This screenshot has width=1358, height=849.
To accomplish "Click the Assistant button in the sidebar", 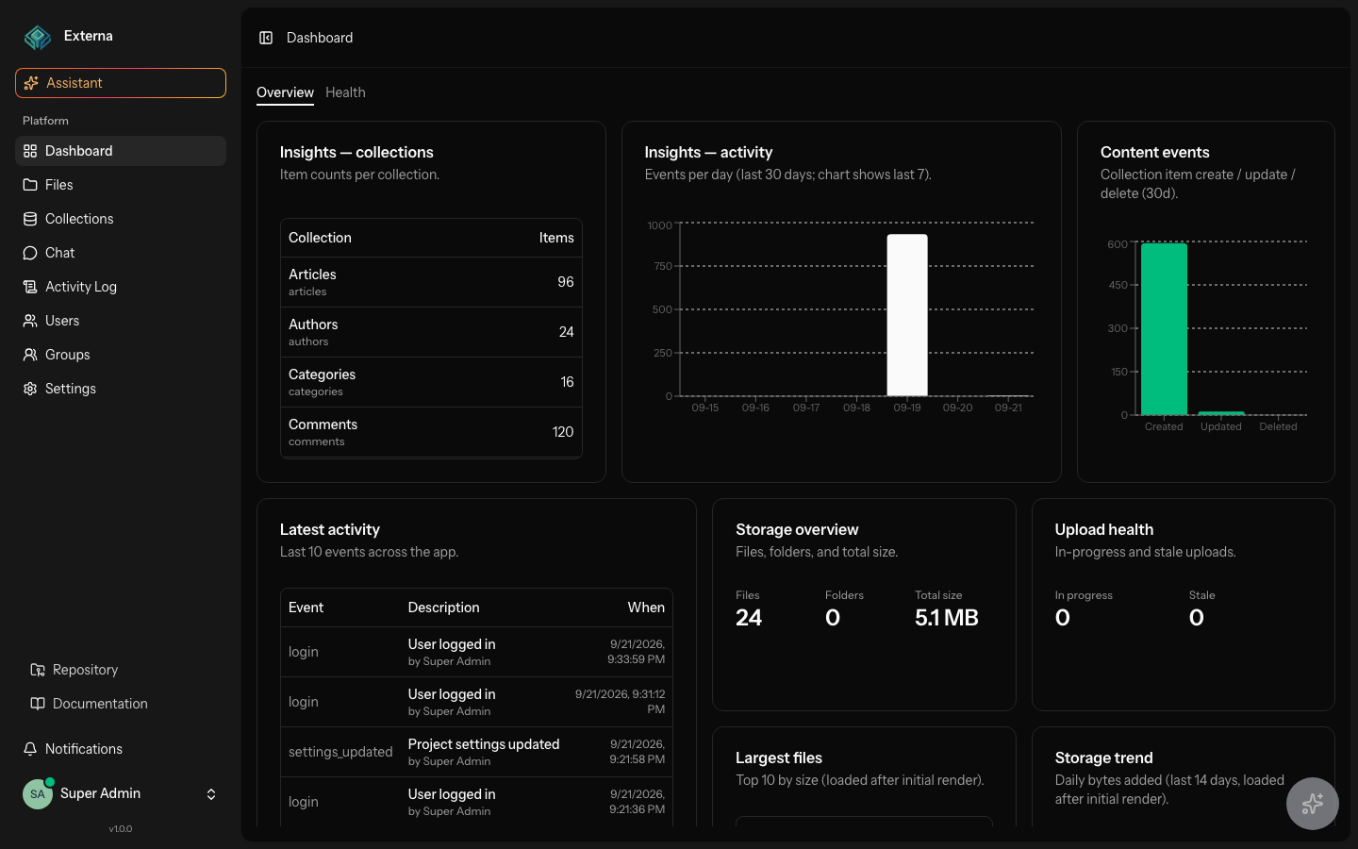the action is click(x=121, y=83).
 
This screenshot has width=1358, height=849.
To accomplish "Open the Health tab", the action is click(x=345, y=92).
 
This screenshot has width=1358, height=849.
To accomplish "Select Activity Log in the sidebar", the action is click(x=81, y=287).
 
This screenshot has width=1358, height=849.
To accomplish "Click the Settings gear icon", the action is click(x=30, y=389).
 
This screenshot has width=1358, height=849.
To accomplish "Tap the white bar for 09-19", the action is click(x=907, y=315).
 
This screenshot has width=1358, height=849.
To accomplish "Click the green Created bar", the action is click(x=1164, y=328).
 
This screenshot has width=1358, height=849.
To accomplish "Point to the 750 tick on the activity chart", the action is click(x=663, y=266).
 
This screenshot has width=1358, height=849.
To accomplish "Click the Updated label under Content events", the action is click(x=1221, y=427).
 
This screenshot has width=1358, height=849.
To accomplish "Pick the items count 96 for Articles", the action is click(x=566, y=282).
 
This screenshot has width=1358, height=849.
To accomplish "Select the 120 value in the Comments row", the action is click(x=563, y=432).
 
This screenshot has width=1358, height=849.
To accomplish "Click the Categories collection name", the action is click(x=322, y=375).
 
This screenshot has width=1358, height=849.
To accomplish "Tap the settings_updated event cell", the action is click(x=340, y=752).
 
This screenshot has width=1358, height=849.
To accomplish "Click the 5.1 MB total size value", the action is click(x=947, y=617).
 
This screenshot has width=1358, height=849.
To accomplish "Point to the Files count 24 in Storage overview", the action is click(x=749, y=617).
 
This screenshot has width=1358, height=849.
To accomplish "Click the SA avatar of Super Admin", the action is click(x=38, y=794).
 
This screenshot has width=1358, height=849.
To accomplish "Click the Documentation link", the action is click(x=100, y=704).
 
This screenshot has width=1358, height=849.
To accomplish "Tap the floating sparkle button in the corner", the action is click(x=1313, y=804).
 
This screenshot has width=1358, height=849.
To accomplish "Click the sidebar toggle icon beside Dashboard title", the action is click(x=266, y=38).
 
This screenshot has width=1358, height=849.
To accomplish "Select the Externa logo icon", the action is click(x=38, y=37).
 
